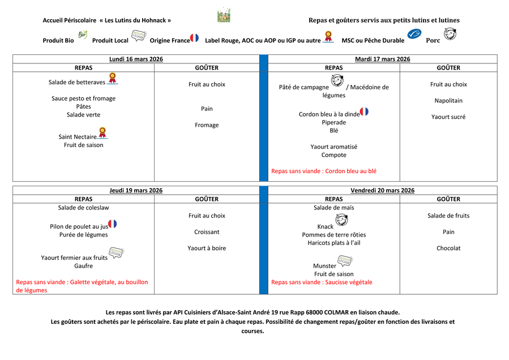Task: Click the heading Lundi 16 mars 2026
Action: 136,59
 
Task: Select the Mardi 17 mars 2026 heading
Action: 382,59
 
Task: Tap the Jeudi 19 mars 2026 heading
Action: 136,190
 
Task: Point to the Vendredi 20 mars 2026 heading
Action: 382,190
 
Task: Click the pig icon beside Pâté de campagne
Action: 337,82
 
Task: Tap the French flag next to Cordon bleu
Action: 364,112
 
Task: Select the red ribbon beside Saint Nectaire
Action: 102,133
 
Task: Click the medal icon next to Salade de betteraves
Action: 112,78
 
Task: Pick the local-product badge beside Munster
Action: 344,262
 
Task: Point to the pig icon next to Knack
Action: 341,220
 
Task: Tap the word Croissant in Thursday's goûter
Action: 207,232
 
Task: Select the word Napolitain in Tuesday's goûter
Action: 448,101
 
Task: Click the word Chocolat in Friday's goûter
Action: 448,248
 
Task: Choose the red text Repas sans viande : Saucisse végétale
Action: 322,282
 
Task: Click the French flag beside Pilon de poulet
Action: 113,224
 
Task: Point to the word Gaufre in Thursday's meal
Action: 83,266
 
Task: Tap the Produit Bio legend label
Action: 58,41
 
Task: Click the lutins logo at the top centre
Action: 224,15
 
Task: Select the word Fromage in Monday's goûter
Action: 207,125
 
